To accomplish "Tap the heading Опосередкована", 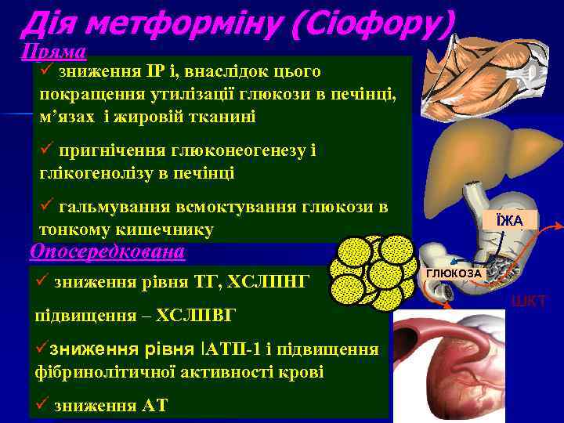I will coord(107,251).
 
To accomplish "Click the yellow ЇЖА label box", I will coord(510,221).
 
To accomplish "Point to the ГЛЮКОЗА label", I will coord(454,273).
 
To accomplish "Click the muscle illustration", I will coord(485,75).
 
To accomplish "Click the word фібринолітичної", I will coord(103,371).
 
